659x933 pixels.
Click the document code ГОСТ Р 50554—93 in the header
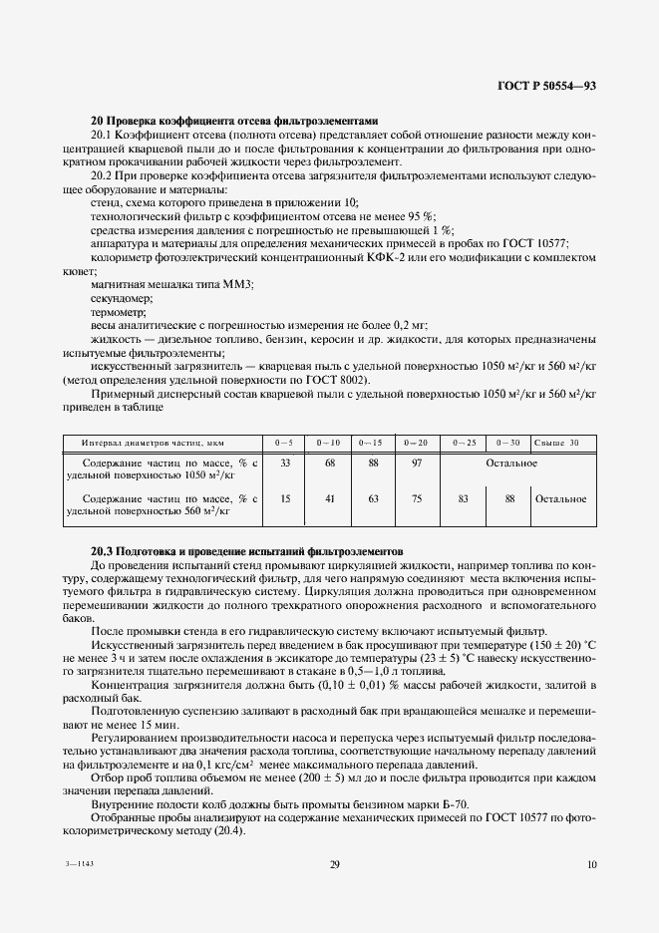(546, 87)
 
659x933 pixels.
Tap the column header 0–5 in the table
(284, 441)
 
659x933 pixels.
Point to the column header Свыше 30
(557, 441)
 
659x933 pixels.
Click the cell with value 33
(285, 463)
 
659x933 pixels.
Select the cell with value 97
(416, 463)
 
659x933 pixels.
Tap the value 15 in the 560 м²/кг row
(285, 498)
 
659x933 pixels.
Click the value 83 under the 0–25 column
(462, 498)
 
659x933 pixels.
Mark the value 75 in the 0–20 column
(416, 498)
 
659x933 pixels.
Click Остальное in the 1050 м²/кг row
(511, 463)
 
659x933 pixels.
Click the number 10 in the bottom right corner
(592, 864)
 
